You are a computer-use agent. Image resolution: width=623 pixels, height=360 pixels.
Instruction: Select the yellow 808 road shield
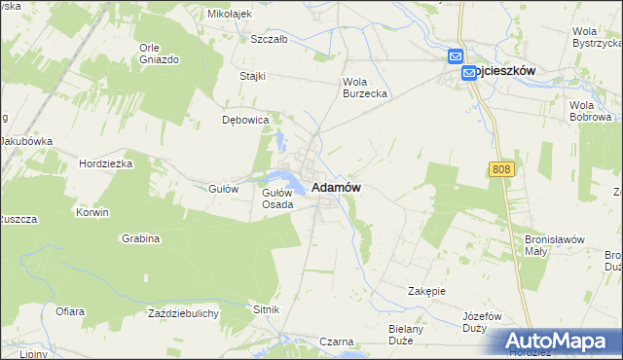500,169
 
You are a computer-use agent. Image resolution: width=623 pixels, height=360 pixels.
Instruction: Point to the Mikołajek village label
230,15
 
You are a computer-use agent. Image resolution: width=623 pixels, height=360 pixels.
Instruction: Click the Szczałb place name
269,40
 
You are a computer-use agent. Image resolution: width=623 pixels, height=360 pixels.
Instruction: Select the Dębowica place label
245,121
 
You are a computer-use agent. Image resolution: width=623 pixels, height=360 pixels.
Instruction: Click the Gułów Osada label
277,198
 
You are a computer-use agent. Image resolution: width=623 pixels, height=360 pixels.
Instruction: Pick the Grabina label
141,238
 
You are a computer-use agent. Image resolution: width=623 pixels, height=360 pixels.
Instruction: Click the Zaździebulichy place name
183,312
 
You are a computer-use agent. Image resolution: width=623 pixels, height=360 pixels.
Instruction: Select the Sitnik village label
267,308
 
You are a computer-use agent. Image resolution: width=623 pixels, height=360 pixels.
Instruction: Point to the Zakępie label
426,290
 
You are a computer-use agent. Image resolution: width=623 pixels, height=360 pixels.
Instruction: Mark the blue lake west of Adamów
286,178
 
